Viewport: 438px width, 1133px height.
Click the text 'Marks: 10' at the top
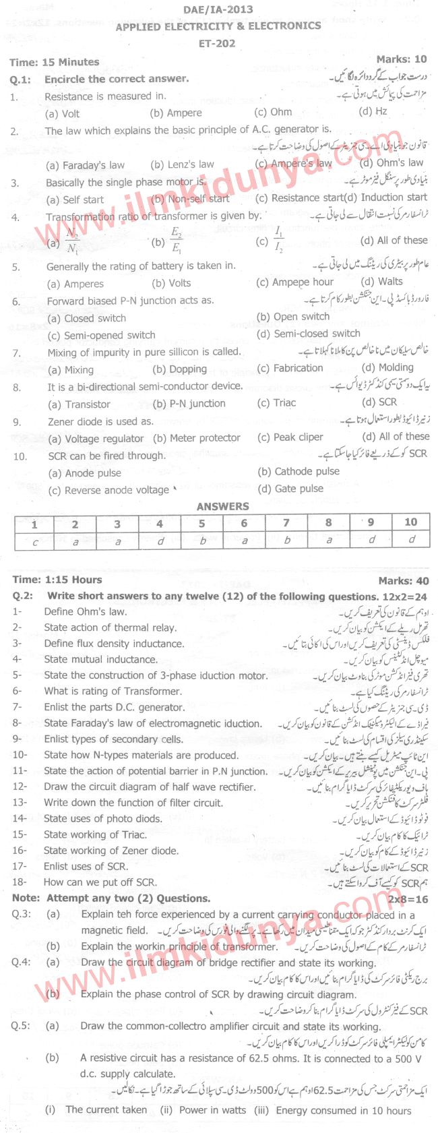click(401, 59)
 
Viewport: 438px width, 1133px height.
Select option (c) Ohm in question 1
click(273, 113)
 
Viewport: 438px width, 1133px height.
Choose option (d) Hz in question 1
click(373, 112)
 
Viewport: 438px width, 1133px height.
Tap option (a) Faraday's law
click(85, 165)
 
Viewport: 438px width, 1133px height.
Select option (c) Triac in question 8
click(276, 403)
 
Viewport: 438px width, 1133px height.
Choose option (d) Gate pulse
click(290, 489)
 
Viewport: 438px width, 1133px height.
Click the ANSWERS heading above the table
click(222, 506)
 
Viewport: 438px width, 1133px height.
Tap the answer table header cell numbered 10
click(410, 522)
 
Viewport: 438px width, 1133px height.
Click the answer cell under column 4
click(160, 540)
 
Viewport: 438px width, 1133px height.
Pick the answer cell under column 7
click(286, 540)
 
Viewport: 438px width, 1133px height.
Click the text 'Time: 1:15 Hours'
click(57, 580)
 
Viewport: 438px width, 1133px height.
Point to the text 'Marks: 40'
click(403, 580)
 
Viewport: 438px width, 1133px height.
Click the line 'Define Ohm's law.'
click(85, 612)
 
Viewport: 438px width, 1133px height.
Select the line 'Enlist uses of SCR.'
click(86, 867)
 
